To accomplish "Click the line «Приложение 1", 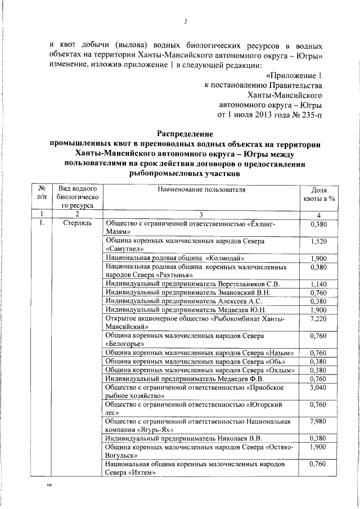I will pyautogui.click(x=295, y=75).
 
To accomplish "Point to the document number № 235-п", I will pyautogui.click(x=309, y=115).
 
